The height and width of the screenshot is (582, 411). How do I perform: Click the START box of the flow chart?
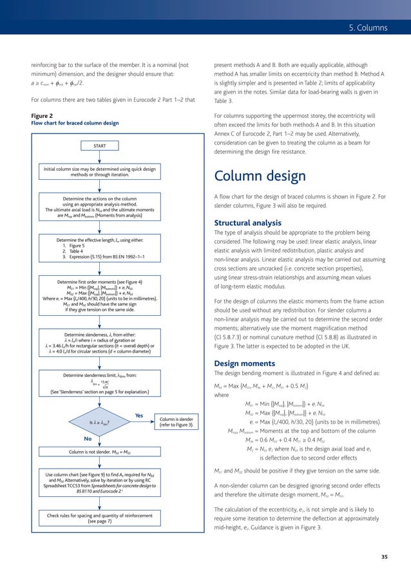(x=99, y=146)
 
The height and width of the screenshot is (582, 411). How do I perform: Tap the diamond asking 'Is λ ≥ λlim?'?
(x=99, y=422)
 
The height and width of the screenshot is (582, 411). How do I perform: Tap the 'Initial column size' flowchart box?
(x=99, y=171)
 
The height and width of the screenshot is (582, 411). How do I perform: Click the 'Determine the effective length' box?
(x=99, y=252)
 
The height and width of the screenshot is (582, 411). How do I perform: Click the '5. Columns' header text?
(x=363, y=28)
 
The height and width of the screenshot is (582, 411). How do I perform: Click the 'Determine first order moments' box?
(x=99, y=295)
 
